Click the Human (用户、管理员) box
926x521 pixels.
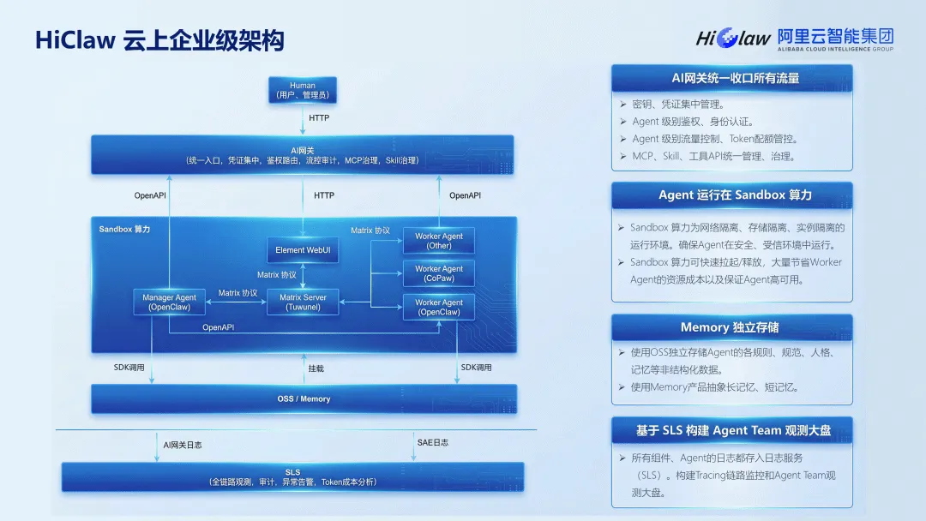303,91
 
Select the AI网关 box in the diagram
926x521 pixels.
303,155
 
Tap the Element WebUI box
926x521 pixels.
302,250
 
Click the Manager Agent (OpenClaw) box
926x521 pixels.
169,302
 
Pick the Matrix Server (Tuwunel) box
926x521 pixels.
303,302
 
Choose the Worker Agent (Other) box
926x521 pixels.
439,241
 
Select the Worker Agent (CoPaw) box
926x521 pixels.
439,273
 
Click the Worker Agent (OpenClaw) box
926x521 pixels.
439,307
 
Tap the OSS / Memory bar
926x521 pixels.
304,398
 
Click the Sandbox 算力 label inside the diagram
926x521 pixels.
124,229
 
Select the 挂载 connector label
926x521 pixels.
316,368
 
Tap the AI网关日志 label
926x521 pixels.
183,445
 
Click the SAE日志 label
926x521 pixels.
432,442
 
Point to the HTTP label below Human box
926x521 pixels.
319,118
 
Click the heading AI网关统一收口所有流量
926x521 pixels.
731,78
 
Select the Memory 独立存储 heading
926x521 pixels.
731,327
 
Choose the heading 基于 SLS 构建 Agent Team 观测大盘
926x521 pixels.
731,430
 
